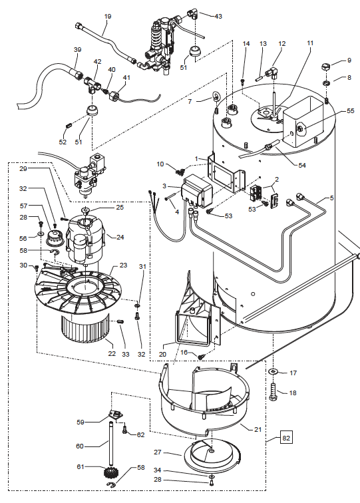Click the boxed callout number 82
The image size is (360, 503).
point(286,438)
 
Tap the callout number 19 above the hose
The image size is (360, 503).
point(108,17)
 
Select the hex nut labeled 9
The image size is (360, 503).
point(326,67)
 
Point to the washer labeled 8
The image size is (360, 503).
point(326,83)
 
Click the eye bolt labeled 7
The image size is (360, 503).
point(215,96)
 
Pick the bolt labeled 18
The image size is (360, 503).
point(273,392)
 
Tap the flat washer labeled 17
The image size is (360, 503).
point(272,371)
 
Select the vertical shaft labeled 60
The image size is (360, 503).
point(110,443)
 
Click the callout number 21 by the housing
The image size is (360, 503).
point(258,429)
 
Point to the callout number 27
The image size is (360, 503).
point(157,452)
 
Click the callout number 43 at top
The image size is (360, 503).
point(218,16)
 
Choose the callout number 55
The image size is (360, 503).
point(351,110)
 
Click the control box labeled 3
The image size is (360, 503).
point(196,192)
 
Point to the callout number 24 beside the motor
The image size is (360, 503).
point(120,237)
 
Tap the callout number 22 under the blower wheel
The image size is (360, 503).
point(112,353)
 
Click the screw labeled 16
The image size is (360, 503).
point(201,356)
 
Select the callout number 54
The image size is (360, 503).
point(302,165)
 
